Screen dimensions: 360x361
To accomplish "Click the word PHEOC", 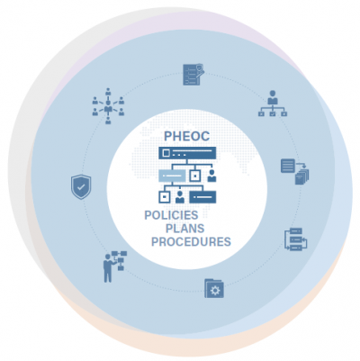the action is tap(186, 136).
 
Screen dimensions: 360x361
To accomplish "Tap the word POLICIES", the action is tap(171, 215).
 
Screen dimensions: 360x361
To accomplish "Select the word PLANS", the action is tap(184, 229).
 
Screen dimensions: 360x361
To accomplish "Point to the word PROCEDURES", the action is tap(191, 241).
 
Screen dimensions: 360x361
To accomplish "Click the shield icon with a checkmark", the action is tap(81, 187).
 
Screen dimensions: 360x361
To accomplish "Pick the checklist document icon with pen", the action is tap(193, 74).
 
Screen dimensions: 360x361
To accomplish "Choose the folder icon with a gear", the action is tap(214, 289).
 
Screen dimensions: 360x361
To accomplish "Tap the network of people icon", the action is tap(108, 106).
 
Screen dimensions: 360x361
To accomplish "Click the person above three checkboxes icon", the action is tap(273, 104).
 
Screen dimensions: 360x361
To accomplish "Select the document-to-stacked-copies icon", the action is tap(295, 171).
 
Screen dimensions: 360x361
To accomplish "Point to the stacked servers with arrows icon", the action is tap(296, 239).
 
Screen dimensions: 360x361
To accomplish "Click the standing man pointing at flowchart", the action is tap(115, 266).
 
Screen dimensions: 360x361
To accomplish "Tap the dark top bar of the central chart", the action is tap(187, 153).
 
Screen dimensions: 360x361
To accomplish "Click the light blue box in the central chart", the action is tap(172, 176).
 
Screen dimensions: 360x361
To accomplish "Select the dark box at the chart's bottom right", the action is tap(202, 197).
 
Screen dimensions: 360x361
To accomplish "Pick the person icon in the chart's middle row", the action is tap(211, 176).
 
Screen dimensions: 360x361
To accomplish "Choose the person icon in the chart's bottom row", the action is tap(180, 197).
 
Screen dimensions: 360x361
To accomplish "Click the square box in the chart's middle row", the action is tap(195, 176).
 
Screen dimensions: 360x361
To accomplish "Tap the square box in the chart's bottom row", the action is tap(165, 197).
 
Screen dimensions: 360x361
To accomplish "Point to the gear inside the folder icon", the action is tap(215, 291).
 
